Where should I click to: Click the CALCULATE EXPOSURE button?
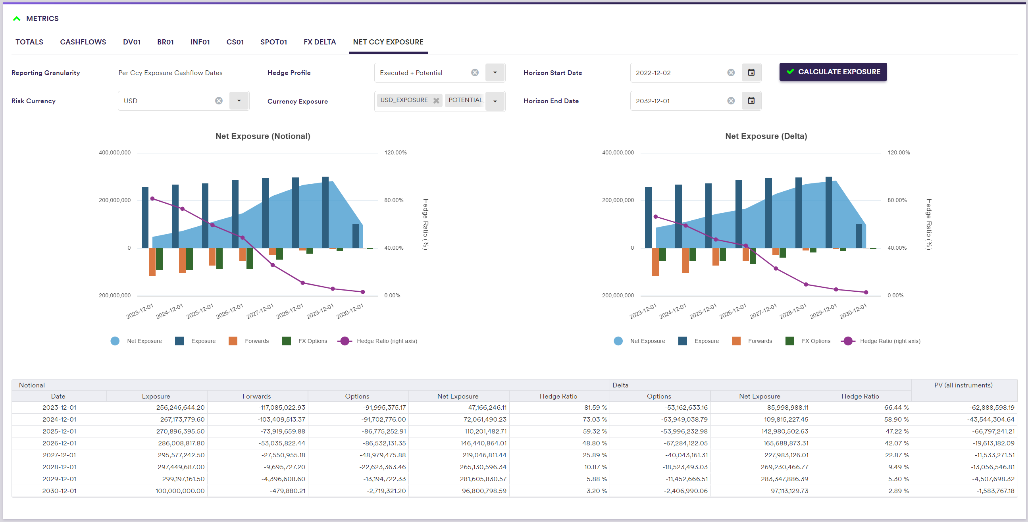point(833,72)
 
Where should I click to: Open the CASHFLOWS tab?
point(83,42)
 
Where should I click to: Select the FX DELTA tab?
point(320,42)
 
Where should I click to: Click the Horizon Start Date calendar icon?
point(751,73)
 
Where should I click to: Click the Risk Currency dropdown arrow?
point(239,101)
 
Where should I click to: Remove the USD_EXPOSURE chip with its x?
point(436,100)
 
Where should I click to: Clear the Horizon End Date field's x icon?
point(731,101)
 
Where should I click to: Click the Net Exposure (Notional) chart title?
point(263,136)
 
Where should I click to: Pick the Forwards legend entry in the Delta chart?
point(752,341)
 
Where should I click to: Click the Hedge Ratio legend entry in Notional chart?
point(377,341)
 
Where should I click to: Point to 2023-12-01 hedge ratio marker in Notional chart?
point(152,199)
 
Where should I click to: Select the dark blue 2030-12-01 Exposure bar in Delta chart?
point(859,236)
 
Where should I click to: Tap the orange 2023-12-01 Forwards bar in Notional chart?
point(152,262)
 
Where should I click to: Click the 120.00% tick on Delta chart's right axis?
point(899,152)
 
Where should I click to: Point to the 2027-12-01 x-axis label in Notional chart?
point(260,311)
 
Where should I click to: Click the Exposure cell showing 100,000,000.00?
point(180,491)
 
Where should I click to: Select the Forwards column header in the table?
point(256,396)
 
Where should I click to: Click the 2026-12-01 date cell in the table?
point(59,443)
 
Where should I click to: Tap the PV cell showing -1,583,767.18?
point(995,491)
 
